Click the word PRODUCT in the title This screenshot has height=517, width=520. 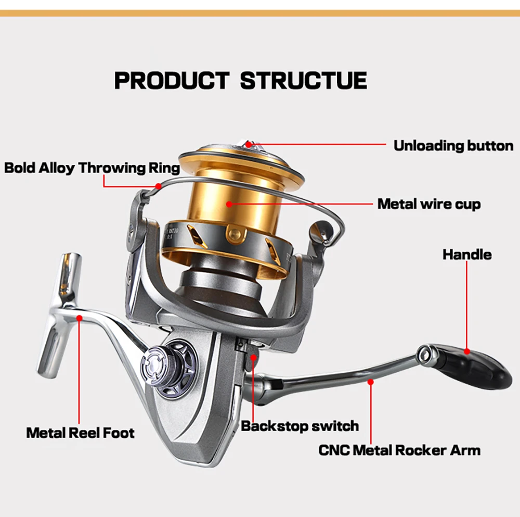coord(171,81)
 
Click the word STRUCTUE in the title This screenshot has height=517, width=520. coord(304,81)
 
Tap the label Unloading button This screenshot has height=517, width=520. coord(453,145)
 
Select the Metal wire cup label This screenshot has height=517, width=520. coord(428,204)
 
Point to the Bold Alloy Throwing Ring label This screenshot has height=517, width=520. coord(92,168)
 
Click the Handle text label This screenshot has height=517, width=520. coord(466,255)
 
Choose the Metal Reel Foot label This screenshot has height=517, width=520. coord(80,433)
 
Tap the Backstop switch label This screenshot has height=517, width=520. coord(300,426)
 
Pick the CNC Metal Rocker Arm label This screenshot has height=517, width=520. coord(399,450)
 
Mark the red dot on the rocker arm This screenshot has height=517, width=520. coord(371,382)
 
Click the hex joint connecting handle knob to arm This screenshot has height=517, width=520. coord(428,354)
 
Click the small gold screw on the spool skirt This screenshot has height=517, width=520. coord(235,231)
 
